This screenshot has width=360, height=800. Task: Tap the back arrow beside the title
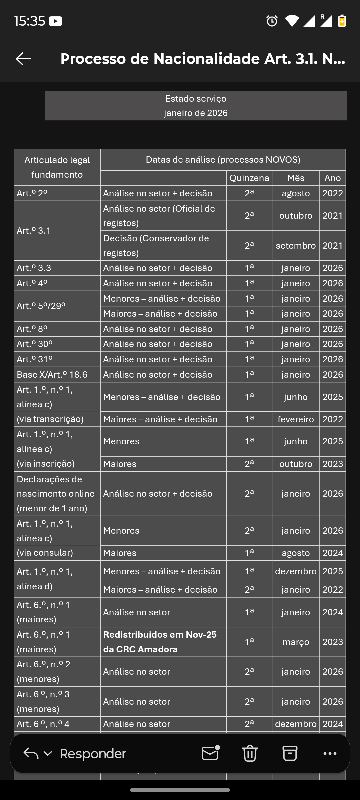point(23,59)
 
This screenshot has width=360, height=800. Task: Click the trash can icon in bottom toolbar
point(250,753)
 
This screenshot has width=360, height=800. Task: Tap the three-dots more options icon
point(330,753)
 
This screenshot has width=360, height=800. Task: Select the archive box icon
point(290,753)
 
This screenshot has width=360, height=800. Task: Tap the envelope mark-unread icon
point(210,753)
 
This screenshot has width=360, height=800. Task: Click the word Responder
point(93,754)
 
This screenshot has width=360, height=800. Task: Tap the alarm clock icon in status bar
point(272,21)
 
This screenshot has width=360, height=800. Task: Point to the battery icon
point(342,21)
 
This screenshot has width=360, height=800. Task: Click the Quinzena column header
point(249,178)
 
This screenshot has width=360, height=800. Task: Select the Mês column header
point(296,178)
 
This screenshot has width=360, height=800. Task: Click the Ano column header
point(332,178)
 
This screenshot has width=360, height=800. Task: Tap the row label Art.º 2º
point(32,193)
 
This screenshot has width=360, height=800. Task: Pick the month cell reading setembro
point(296,246)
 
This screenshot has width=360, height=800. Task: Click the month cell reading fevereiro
point(296,419)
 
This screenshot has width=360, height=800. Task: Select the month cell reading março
point(296,642)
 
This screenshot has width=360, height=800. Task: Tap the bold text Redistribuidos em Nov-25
point(160,635)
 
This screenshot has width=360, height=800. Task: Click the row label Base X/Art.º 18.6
point(52,375)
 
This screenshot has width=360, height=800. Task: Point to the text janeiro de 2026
point(196,113)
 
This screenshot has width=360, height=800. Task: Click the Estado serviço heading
point(196,99)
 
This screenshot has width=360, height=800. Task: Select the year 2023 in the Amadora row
point(332,642)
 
